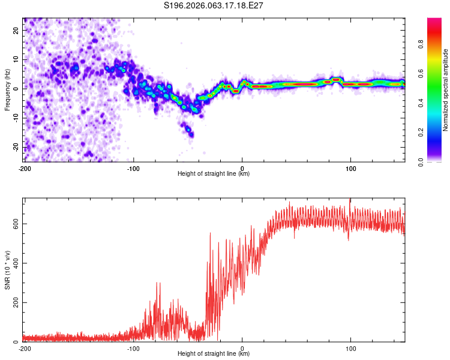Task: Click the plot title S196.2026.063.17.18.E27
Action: pos(214,5)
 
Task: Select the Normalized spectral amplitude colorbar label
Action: pos(445,89)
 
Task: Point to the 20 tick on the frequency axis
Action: pos(16,30)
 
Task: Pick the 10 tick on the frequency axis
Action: pos(16,59)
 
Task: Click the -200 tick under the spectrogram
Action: pos(24,167)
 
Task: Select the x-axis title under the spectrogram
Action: pos(214,174)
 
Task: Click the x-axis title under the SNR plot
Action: pos(214,354)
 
